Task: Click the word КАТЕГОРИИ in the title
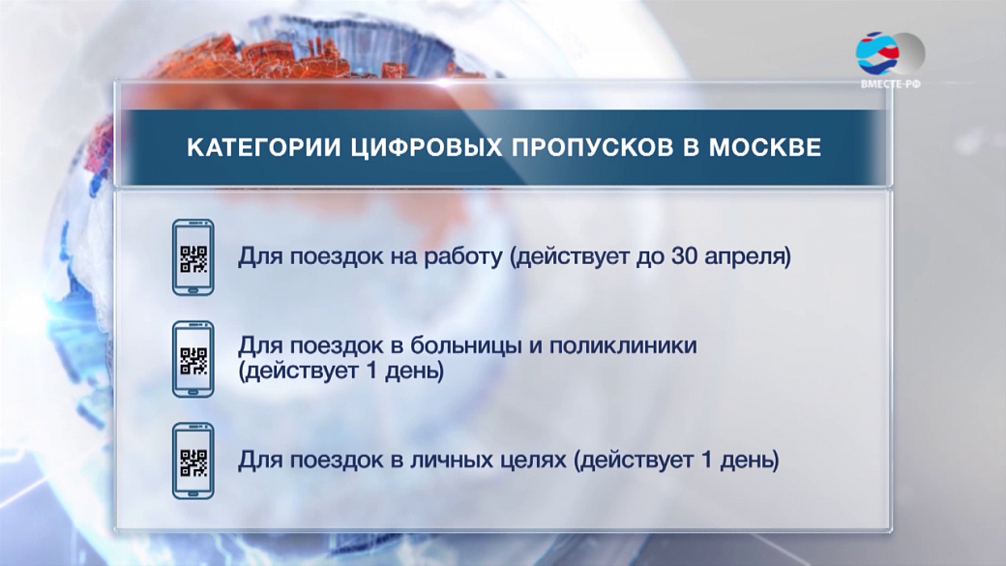(263, 148)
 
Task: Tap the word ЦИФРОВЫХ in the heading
(427, 148)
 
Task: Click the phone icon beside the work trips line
(193, 257)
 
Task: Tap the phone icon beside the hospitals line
(193, 359)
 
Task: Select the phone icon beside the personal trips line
(193, 461)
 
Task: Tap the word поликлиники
(623, 345)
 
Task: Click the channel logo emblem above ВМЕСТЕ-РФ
(890, 53)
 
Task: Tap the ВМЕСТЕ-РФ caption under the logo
(891, 84)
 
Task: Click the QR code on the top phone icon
(193, 258)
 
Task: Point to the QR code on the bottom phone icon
(193, 462)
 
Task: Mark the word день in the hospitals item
(414, 372)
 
